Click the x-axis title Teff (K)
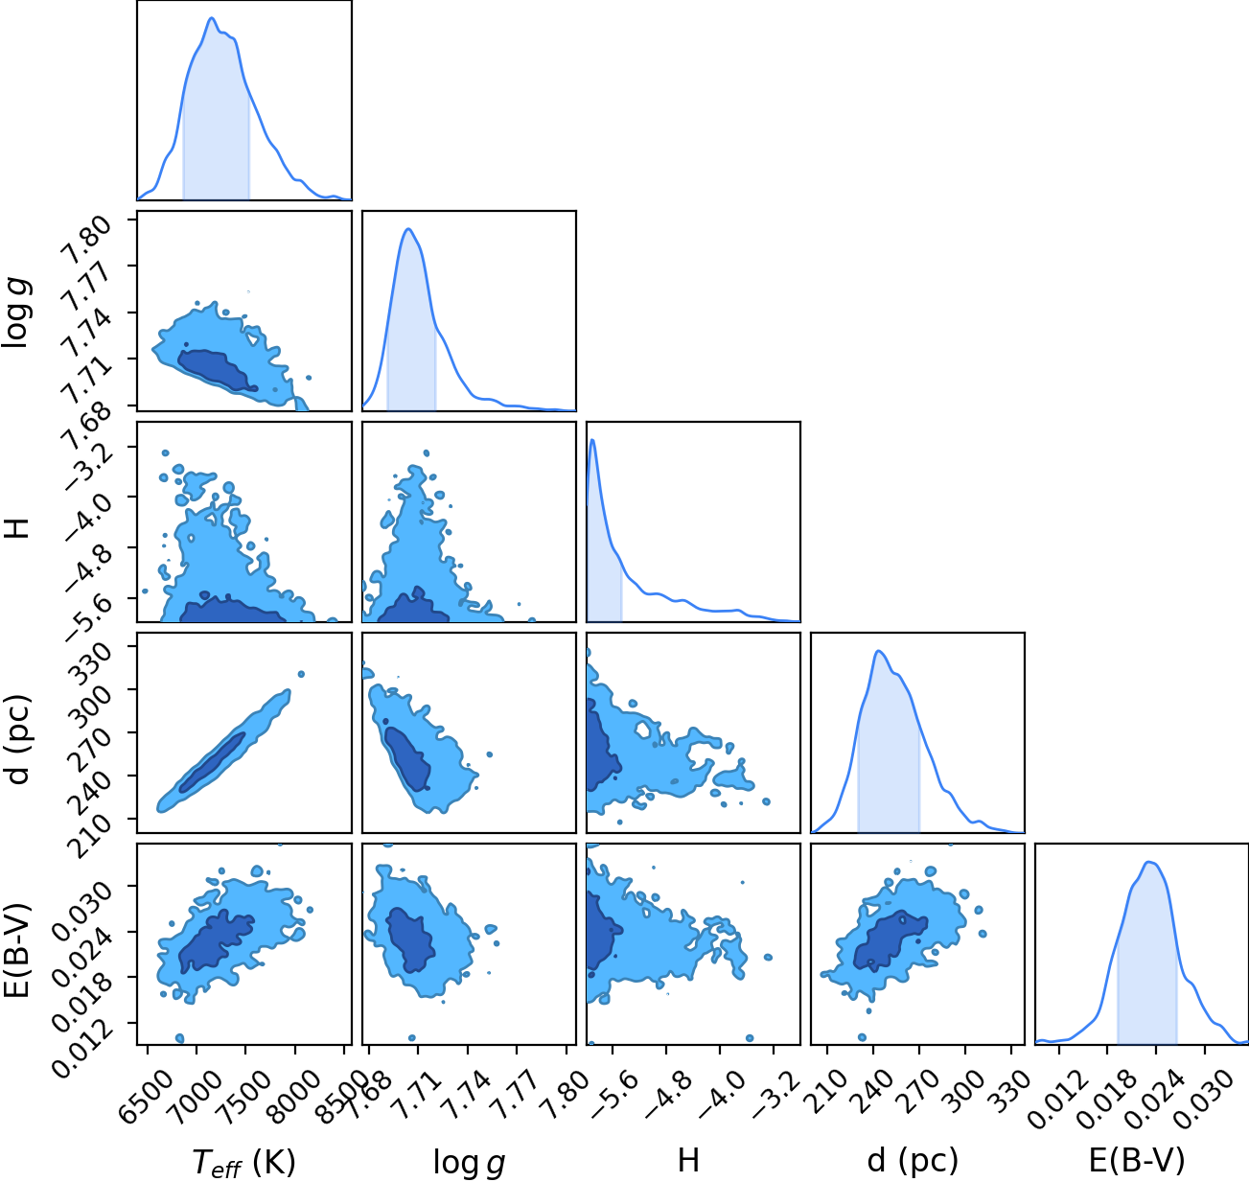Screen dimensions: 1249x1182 (x=244, y=1162)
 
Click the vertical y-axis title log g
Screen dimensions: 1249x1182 (x=16, y=313)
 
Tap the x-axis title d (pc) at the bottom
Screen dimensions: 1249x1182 (x=913, y=1160)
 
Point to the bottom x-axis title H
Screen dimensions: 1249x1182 (x=688, y=1160)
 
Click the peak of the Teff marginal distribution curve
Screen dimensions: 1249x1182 (x=212, y=18)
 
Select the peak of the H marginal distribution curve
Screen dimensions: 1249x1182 (x=592, y=440)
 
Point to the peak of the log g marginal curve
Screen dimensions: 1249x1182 (x=408, y=229)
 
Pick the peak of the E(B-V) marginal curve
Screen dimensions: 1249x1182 (x=1150, y=863)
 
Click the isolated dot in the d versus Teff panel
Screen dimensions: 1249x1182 (x=302, y=674)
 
